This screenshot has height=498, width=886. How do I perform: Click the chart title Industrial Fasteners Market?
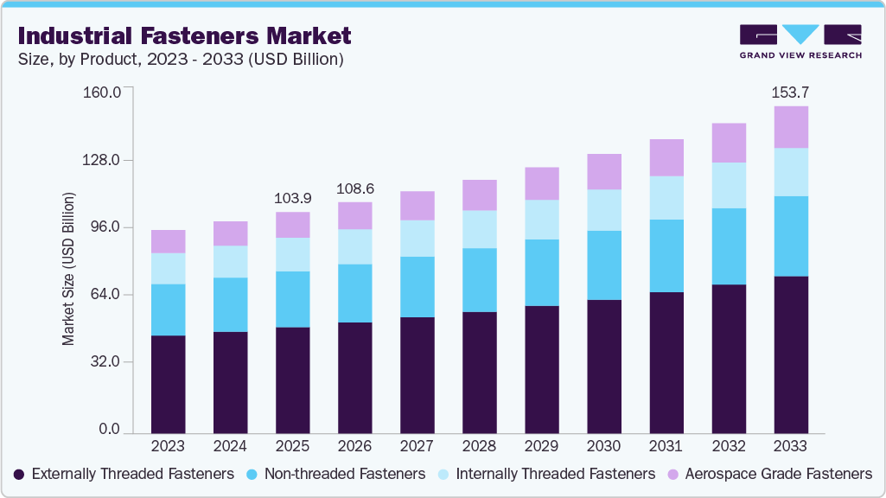pos(184,36)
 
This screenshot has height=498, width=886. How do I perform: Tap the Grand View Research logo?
pos(800,41)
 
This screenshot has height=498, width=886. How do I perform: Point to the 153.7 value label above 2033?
pos(790,92)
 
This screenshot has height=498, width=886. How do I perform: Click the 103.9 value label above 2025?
pos(292,198)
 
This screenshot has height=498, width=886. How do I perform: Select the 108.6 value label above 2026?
pos(354,188)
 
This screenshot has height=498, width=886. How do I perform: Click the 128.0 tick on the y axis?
pos(102,161)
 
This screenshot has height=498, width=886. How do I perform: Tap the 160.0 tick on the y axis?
pos(102,93)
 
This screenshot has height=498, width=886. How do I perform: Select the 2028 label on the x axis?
pos(479,446)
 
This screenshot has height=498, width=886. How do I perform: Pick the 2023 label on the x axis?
pos(168,446)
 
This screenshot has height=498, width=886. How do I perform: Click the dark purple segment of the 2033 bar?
pos(790,354)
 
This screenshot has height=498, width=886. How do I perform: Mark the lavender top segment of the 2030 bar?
pos(603,171)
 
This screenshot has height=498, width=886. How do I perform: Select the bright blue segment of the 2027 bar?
pos(417,287)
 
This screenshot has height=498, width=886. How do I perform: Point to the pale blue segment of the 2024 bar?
pos(230,261)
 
